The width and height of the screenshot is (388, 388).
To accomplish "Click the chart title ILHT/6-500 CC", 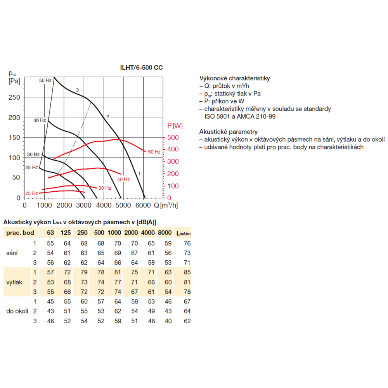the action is pos(141,68).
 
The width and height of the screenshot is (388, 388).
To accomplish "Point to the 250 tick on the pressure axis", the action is pos(14,97).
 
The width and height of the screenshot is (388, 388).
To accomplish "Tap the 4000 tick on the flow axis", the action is pos(104,205).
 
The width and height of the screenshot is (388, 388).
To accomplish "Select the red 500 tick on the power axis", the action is pos(173,137).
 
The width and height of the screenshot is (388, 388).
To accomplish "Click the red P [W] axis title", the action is pos(175,126).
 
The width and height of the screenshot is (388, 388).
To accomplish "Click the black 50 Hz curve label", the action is pos(45,80).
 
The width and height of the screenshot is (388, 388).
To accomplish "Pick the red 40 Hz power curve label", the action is pos(123,179).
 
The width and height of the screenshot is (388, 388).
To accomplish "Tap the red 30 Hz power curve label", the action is pos(105,188).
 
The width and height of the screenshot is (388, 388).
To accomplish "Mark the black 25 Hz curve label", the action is pos(32,168).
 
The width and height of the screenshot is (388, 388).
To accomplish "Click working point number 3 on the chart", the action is pos(78,90).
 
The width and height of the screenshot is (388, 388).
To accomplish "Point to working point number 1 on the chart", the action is pos(139,174).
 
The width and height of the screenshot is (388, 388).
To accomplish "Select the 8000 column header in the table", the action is pos(165,232).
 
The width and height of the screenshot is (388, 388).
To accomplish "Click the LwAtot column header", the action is pos(184,233).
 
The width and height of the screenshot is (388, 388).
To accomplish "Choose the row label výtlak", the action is pos(14,282).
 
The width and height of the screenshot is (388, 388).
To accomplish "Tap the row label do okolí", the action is pos(17,311).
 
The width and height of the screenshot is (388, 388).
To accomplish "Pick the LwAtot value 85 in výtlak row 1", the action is pos(187,272).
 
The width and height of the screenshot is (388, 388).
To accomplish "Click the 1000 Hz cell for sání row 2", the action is pos(118,253).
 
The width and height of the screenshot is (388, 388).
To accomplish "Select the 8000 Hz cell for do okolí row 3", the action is pos(168,321).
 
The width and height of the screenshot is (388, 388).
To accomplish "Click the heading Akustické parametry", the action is pos(229,132).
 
